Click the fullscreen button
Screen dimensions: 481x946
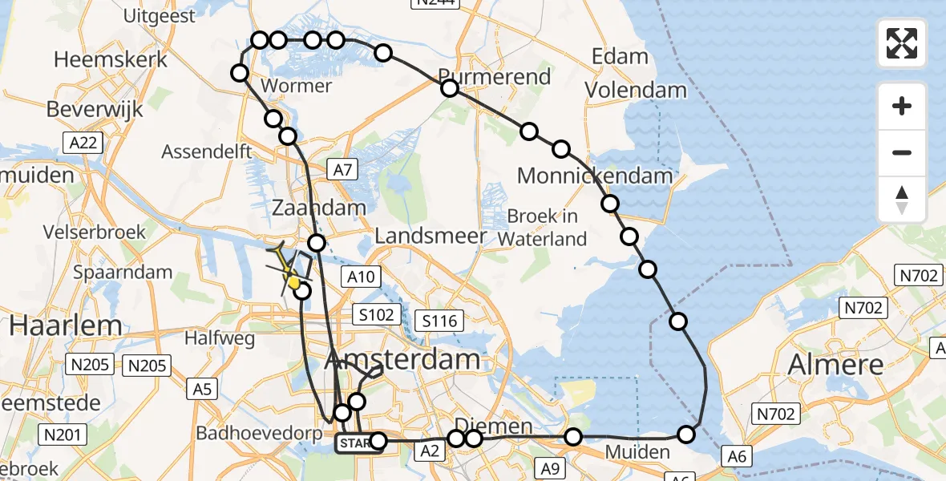(x=902, y=43)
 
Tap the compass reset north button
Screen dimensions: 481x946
(x=902, y=200)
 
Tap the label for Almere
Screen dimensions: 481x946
(x=836, y=365)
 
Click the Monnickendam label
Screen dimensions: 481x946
(x=595, y=176)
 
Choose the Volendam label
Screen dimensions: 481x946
(x=635, y=90)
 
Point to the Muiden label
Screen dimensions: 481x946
(x=637, y=453)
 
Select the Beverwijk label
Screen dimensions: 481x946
(x=95, y=109)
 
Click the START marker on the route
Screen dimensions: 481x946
(x=354, y=443)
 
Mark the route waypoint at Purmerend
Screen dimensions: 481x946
(x=450, y=88)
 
